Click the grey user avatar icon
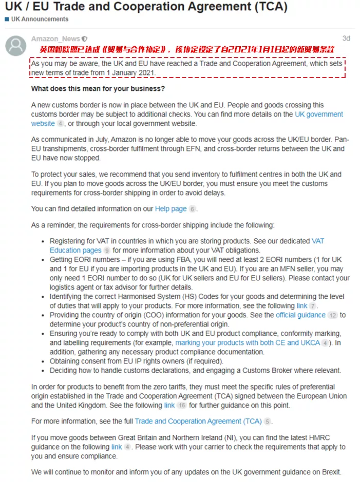(x=15, y=46)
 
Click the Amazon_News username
(x=55, y=38)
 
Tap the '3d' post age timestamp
(x=346, y=38)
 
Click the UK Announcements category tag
(x=39, y=19)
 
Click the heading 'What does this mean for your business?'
(x=98, y=88)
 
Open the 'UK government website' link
(x=318, y=114)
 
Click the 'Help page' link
(x=170, y=209)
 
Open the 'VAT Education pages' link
(x=75, y=250)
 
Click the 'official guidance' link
(x=300, y=315)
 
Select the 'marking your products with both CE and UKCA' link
(x=248, y=342)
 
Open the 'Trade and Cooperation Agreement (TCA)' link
(x=198, y=421)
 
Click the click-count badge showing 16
(x=182, y=405)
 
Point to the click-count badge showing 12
(x=333, y=315)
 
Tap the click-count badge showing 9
(x=107, y=250)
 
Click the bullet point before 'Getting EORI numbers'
(x=43, y=260)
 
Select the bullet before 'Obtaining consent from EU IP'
(x=43, y=361)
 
